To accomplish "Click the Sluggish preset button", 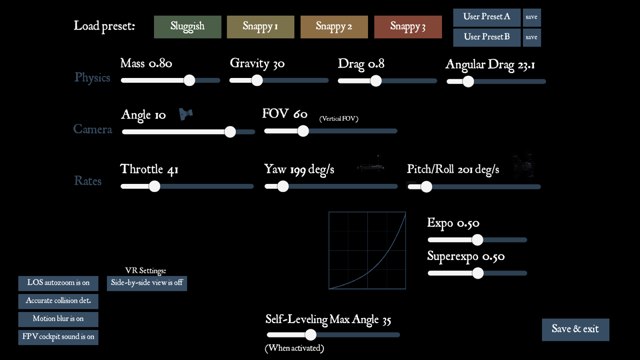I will pyautogui.click(x=188, y=27).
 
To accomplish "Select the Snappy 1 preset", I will pyautogui.click(x=260, y=27).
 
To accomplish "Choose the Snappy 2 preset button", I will pyautogui.click(x=334, y=27).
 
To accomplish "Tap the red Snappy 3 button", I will pyautogui.click(x=408, y=27).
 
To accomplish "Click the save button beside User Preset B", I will pyautogui.click(x=532, y=37).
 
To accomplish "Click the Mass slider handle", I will pyautogui.click(x=189, y=80).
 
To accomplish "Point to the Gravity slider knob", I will pyautogui.click(x=257, y=80).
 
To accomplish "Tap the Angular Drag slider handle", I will pyautogui.click(x=468, y=82).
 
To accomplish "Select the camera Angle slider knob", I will pyautogui.click(x=230, y=132).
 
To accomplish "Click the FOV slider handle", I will pyautogui.click(x=303, y=131).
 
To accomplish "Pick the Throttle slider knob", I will pyautogui.click(x=154, y=186).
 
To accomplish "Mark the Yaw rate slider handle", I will pyautogui.click(x=283, y=186).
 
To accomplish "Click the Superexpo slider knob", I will pyautogui.click(x=478, y=273).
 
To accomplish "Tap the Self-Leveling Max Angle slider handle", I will pyautogui.click(x=310, y=335).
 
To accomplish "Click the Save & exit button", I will pyautogui.click(x=575, y=330).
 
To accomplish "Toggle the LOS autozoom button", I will pyautogui.click(x=58, y=283).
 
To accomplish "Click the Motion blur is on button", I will pyautogui.click(x=58, y=319).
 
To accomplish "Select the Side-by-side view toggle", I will pyautogui.click(x=147, y=283).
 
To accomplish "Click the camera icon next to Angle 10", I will pyautogui.click(x=186, y=114).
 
